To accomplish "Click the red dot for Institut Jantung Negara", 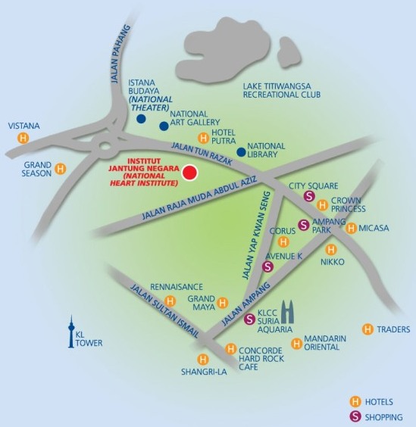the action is click(x=189, y=173).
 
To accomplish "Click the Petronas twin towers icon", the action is click(x=288, y=311).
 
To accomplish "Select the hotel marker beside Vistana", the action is click(x=23, y=138).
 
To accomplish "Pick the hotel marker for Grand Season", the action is click(x=61, y=169).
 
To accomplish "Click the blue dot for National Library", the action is click(x=241, y=152).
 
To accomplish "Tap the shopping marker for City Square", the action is click(x=309, y=196).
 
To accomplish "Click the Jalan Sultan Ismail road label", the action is click(x=164, y=311).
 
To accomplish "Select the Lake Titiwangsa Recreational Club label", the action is click(x=282, y=90).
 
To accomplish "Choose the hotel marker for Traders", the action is click(x=368, y=329).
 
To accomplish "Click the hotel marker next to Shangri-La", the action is click(x=202, y=359).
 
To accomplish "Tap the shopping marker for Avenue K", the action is click(x=267, y=266).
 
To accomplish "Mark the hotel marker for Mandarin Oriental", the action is click(x=296, y=344).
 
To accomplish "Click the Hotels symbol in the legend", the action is click(x=355, y=401).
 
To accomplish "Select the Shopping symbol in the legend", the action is click(x=355, y=416).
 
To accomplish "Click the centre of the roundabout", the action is click(x=105, y=146).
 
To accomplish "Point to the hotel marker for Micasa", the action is click(x=351, y=228).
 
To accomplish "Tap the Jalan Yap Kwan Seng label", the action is click(x=257, y=235).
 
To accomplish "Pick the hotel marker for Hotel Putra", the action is click(x=203, y=138).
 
